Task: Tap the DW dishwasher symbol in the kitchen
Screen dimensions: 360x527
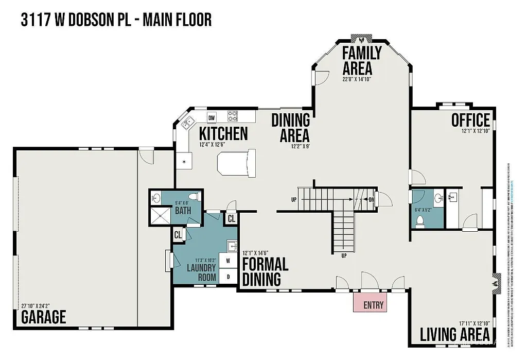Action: coord(212,117)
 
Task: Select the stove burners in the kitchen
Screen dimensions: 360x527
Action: coord(233,116)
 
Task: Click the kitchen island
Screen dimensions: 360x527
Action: coord(236,163)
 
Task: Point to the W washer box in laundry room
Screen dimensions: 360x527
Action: coord(228,261)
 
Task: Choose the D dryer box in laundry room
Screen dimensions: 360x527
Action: coord(228,277)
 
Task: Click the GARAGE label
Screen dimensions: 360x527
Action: coord(44,317)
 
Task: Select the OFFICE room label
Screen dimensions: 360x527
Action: coord(470,120)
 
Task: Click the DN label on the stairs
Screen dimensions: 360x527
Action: coord(372,199)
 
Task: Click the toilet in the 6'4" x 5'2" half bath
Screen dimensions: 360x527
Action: coord(419,220)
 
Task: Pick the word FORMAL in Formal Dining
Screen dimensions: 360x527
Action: coord(265,265)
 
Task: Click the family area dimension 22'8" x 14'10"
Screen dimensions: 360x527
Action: coord(363,79)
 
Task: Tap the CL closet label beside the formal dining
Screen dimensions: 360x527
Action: coord(232,218)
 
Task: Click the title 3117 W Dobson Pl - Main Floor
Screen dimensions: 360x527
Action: coord(116,20)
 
